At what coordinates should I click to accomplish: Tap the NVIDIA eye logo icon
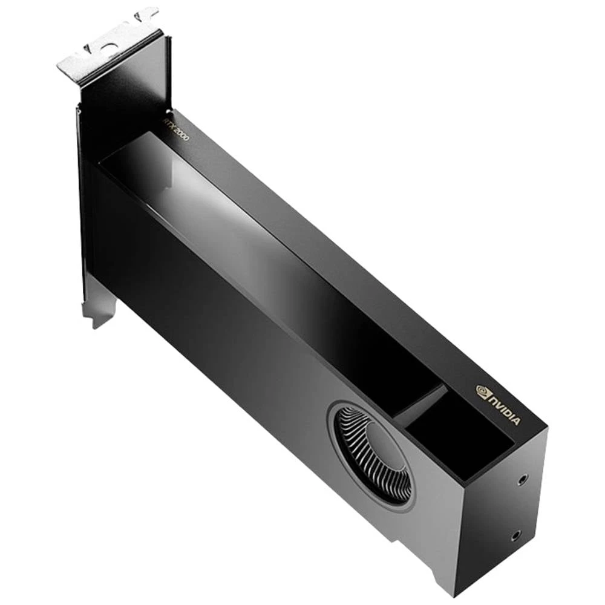(483, 391)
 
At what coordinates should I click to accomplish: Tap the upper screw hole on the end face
(522, 480)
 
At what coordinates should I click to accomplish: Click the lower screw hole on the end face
(515, 535)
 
